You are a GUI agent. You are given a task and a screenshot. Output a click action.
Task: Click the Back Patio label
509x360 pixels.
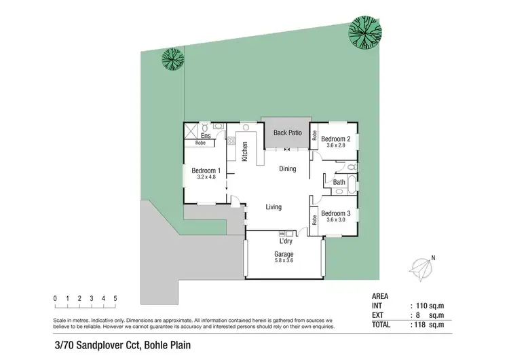click(287, 132)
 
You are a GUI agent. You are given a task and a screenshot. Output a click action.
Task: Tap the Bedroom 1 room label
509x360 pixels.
click(206, 170)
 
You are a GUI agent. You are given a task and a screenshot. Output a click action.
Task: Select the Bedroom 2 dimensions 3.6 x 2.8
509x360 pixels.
click(335, 145)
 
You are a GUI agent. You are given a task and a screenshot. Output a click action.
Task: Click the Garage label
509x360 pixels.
click(284, 254)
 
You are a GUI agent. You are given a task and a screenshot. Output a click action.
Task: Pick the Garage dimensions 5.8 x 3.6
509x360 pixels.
click(284, 262)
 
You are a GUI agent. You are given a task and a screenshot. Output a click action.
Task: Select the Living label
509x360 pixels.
click(273, 207)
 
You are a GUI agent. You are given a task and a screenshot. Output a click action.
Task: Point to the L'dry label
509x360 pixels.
click(286, 241)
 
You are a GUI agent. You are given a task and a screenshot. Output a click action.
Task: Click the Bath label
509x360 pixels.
click(339, 182)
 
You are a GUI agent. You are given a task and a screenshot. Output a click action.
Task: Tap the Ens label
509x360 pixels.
click(206, 136)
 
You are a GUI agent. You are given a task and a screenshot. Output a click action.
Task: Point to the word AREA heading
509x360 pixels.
click(381, 297)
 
